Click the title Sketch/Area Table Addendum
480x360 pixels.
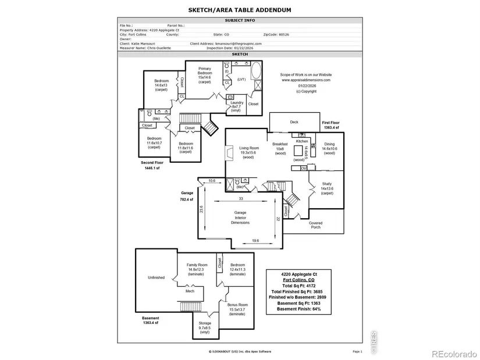[x=240, y=10]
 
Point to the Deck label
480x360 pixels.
[x=294, y=122]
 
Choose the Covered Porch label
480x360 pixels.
[x=315, y=224]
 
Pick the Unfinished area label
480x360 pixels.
[x=156, y=277]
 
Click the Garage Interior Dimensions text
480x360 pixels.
[x=240, y=218]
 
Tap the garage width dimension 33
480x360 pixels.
[x=241, y=198]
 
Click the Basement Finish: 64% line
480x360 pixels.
[x=298, y=309]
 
